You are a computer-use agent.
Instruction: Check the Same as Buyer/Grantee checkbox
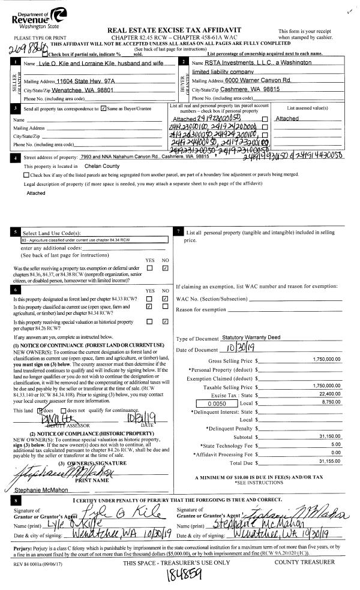(104, 109)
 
